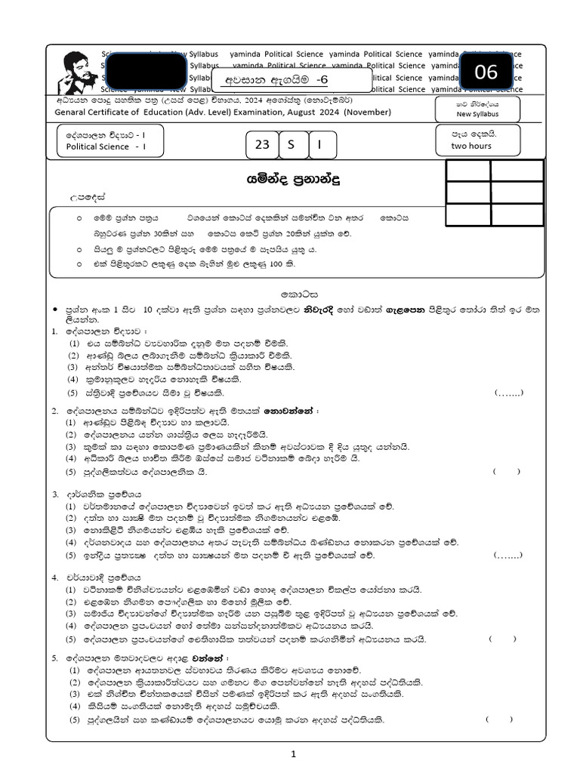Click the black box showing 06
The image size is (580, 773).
point(486,72)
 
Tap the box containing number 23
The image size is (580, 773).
point(261,145)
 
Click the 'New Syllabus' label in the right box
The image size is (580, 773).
point(477,114)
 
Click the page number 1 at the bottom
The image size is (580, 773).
point(294,753)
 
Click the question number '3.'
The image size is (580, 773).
point(55,494)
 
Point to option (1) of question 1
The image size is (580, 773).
point(74,343)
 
